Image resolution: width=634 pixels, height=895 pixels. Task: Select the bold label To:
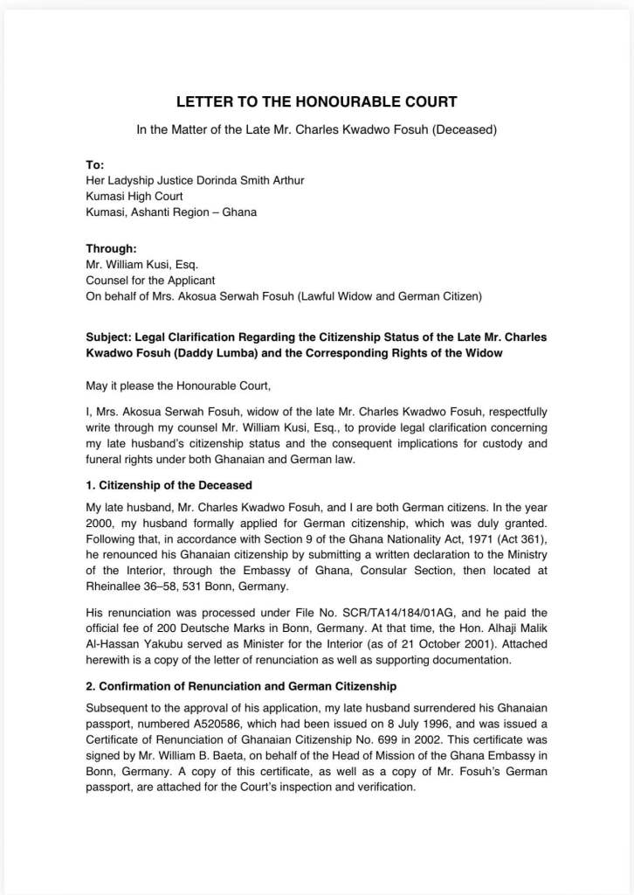pyautogui.click(x=94, y=164)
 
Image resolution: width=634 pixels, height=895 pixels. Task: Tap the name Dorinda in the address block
pyautogui.click(x=209, y=180)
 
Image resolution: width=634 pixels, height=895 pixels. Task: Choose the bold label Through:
pyautogui.click(x=111, y=248)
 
